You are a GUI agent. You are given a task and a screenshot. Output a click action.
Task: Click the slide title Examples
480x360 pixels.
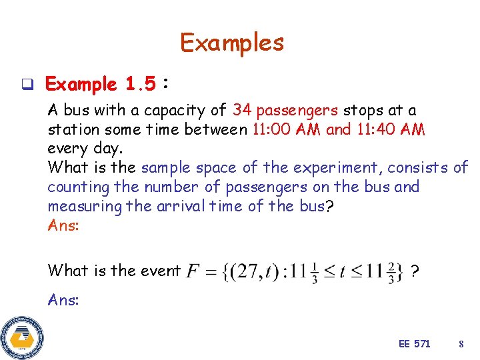(232, 43)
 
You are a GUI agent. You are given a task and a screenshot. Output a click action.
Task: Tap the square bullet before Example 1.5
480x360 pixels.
(28, 85)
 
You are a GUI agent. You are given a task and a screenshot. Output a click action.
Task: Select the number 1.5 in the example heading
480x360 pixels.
(140, 85)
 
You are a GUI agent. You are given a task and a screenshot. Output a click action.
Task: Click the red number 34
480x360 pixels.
(242, 111)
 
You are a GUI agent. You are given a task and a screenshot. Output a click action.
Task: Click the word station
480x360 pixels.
(71, 129)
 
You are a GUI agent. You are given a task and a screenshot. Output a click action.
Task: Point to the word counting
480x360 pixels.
(75, 187)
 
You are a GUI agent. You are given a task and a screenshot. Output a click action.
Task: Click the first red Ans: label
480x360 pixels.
(63, 225)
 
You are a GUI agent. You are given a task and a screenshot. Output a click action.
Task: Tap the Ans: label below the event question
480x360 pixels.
(63, 300)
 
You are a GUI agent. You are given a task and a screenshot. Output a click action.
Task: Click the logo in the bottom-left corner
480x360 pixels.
(22, 337)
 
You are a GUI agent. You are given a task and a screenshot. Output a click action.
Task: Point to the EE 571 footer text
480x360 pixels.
(414, 344)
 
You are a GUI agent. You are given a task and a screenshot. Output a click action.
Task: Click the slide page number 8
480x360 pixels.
(461, 344)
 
